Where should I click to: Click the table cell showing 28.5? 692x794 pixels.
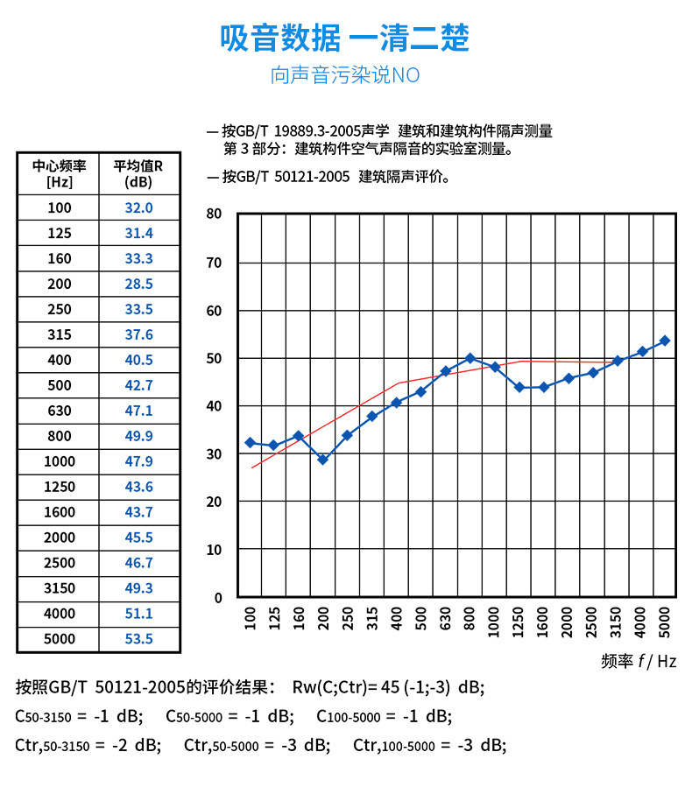coord(138,284)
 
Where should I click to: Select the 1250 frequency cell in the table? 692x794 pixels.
coord(59,487)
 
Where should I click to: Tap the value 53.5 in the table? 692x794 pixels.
coord(138,639)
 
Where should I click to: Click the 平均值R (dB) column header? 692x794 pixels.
coord(138,174)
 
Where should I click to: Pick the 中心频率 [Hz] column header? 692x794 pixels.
coord(59,174)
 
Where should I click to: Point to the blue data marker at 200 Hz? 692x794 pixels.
coord(322,460)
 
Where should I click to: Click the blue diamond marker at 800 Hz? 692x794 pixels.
coord(470,358)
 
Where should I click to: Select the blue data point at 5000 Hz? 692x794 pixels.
coord(664,341)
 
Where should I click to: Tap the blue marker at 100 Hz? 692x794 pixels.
coord(250,443)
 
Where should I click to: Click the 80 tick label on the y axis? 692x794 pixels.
coord(215,214)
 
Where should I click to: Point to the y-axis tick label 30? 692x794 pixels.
coord(215,453)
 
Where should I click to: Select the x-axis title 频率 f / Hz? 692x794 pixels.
coord(639,661)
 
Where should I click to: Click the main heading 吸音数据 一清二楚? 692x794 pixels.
coord(345,39)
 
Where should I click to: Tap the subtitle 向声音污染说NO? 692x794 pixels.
coord(345,75)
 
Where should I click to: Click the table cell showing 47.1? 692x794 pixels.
coord(138,411)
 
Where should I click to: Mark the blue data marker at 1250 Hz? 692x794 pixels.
coord(519,387)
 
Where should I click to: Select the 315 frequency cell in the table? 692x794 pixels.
coord(59,334)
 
